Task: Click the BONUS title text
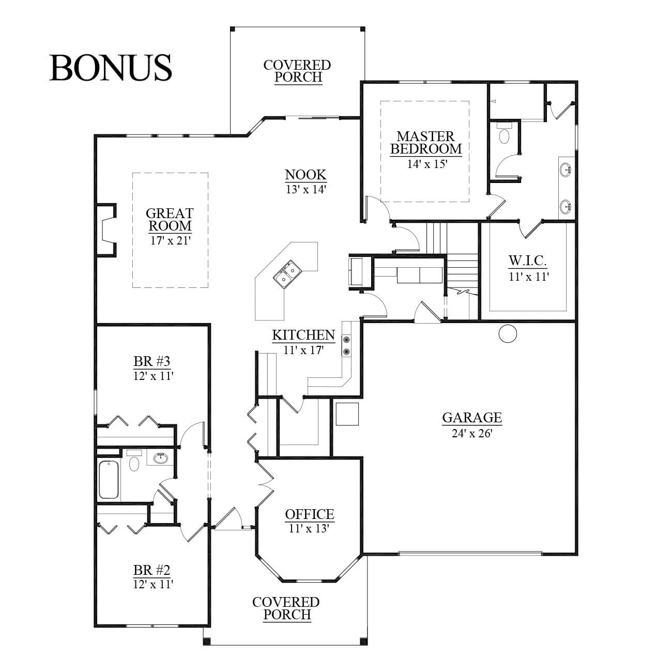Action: [x=111, y=68]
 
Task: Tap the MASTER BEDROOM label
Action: [x=426, y=142]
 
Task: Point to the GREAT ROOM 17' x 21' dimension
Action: [x=170, y=240]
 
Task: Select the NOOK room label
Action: [x=306, y=174]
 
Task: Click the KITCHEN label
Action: [x=303, y=335]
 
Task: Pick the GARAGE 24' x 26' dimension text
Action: [x=472, y=433]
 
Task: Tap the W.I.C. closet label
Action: [x=527, y=261]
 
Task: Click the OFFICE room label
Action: [x=309, y=514]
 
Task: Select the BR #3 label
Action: [x=151, y=361]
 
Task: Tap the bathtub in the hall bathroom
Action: [x=109, y=480]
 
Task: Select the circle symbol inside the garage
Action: [x=508, y=334]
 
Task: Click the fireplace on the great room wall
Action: [x=105, y=230]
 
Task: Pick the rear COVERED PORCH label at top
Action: [x=297, y=71]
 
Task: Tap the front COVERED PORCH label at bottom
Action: [x=286, y=608]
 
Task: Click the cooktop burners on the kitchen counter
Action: [x=347, y=345]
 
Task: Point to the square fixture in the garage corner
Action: [x=347, y=414]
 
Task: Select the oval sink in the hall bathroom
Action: [x=160, y=457]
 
